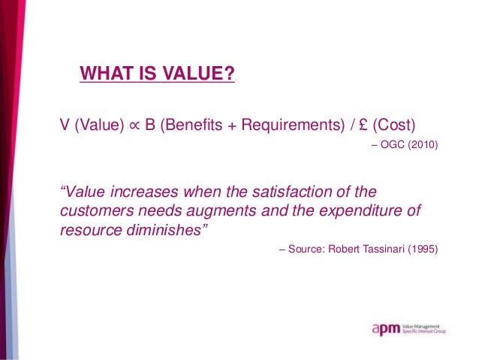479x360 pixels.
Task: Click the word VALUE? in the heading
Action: click(x=199, y=74)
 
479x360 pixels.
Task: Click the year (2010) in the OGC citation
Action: click(x=422, y=144)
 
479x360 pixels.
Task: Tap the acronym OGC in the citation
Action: click(x=393, y=144)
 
